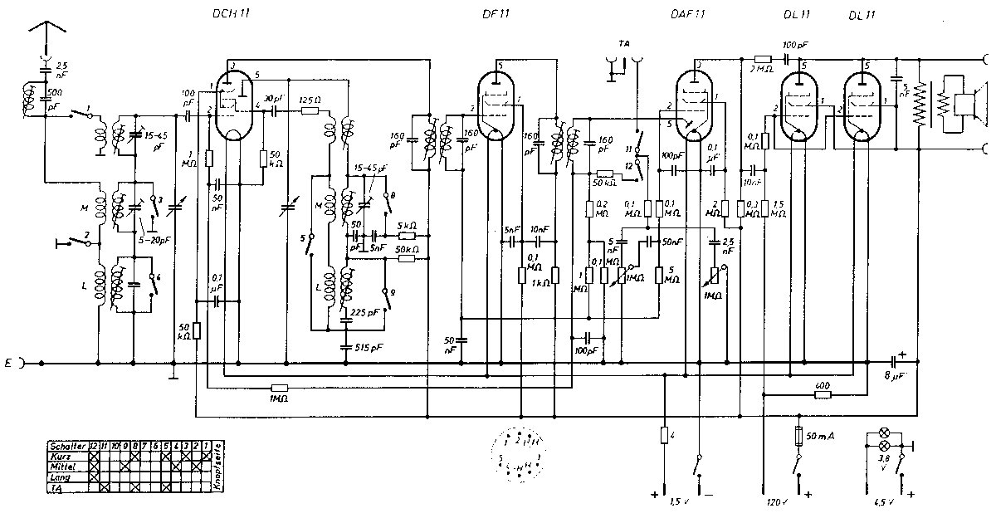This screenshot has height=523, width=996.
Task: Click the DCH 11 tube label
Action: click(x=228, y=14)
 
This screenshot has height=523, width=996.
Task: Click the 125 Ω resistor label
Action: click(x=310, y=97)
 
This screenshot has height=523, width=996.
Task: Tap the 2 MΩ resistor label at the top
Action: click(x=760, y=69)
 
